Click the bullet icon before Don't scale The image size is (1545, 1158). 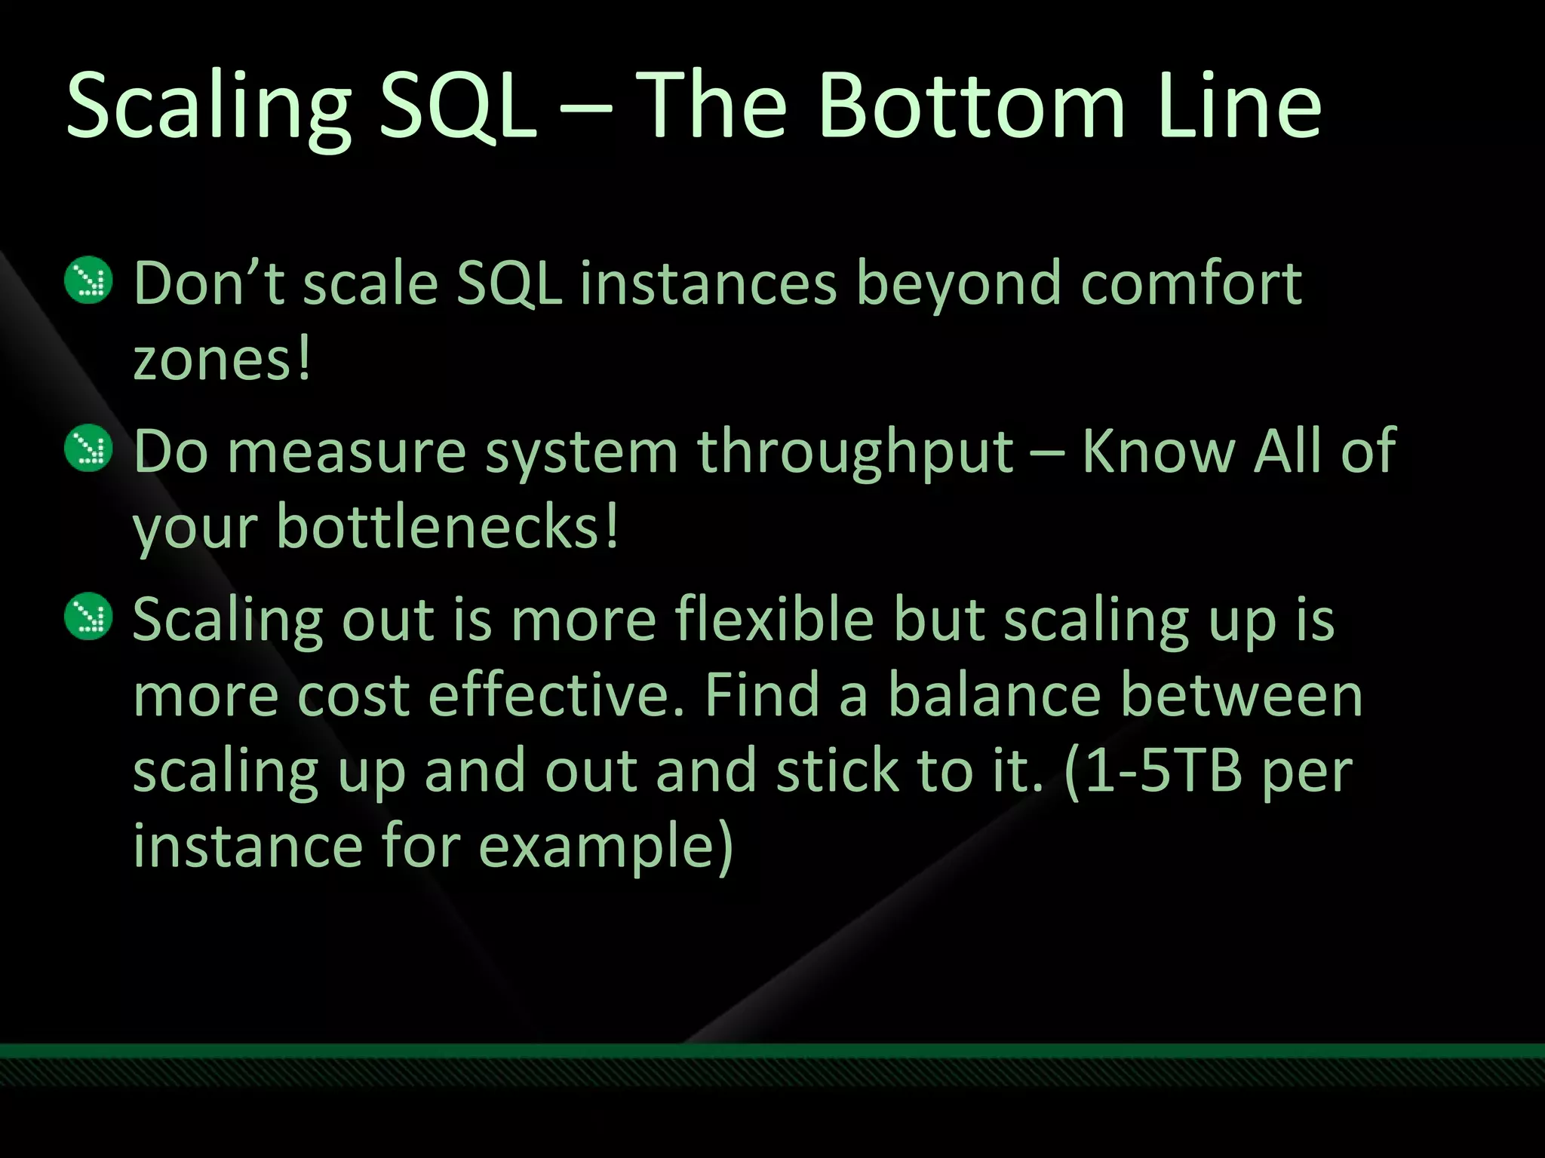[88, 281]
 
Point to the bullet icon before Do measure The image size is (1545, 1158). [88, 449]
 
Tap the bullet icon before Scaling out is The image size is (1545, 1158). [88, 617]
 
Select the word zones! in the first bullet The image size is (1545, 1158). [222, 360]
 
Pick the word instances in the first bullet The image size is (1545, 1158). [708, 284]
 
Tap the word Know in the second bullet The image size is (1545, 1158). [1158, 451]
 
